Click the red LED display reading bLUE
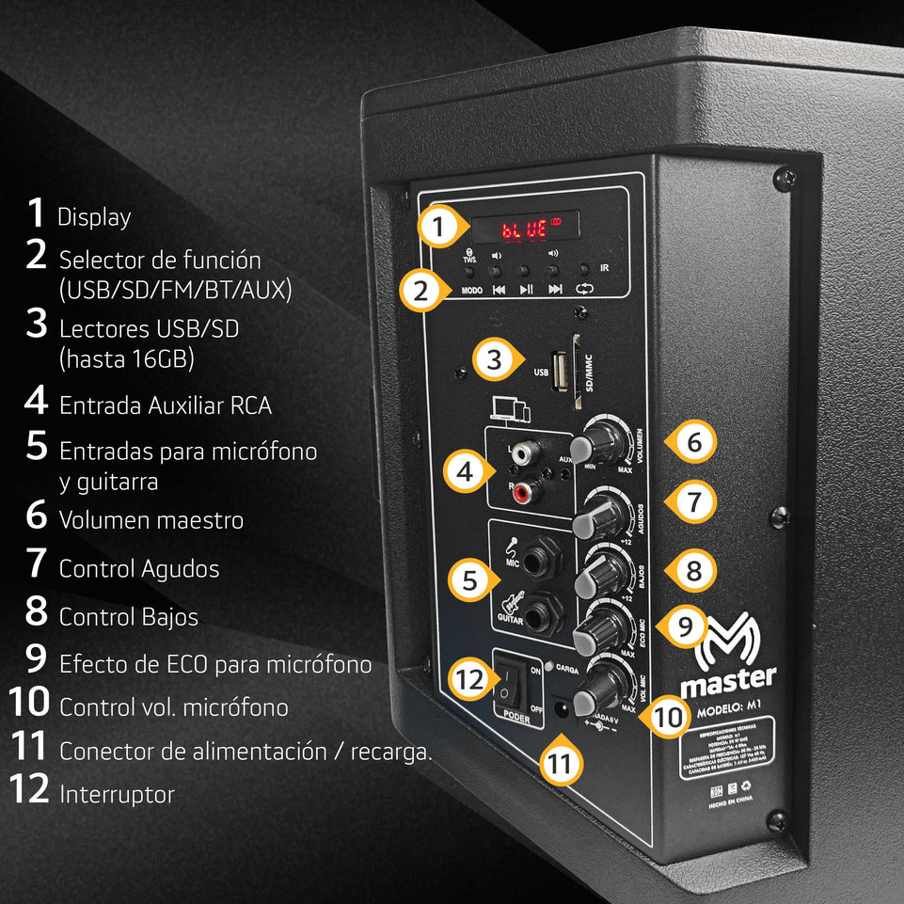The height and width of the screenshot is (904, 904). (525, 228)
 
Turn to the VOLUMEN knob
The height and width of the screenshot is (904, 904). (604, 440)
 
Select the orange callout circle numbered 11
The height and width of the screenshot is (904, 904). (561, 763)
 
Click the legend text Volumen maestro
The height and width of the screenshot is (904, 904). (151, 519)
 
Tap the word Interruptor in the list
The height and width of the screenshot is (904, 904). (117, 794)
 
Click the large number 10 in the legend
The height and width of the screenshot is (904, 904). (28, 701)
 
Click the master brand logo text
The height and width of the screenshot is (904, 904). (728, 676)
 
